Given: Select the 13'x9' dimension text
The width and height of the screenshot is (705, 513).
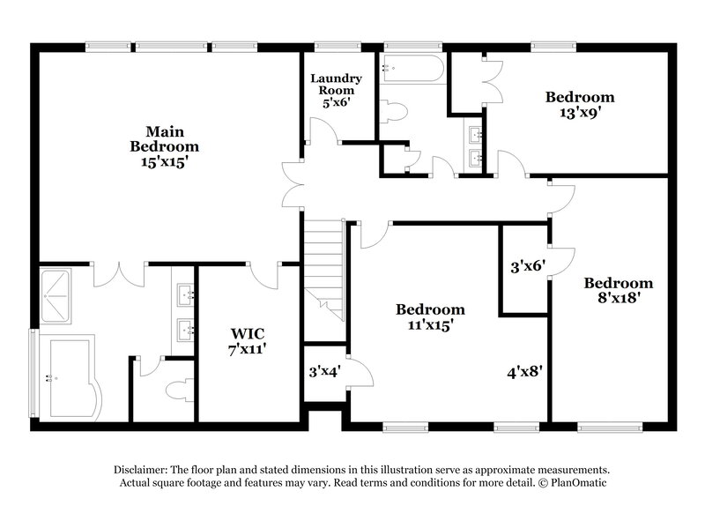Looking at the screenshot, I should coord(579,112).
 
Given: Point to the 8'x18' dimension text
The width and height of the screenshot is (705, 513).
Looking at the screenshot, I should coord(619,298).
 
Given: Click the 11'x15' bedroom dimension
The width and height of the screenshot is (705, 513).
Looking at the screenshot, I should coord(430,324).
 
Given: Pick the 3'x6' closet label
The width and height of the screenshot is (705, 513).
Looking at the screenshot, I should coord(528,264).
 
